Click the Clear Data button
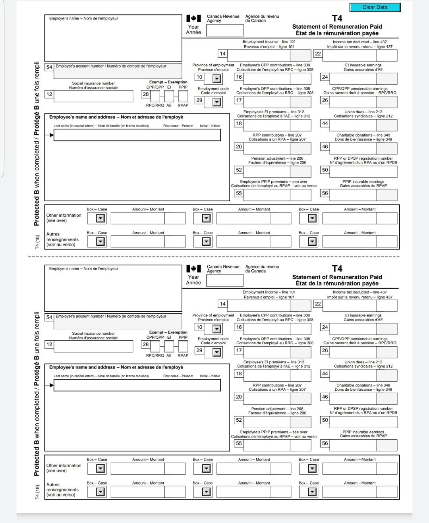pyautogui.click(x=375, y=7)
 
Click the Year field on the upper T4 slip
pyautogui.click(x=224, y=30)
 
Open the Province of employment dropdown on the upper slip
pyautogui.click(x=216, y=79)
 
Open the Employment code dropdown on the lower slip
pyautogui.click(x=216, y=352)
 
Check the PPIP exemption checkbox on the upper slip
pyautogui.click(x=183, y=96)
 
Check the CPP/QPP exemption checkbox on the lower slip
pyautogui.click(x=155, y=346)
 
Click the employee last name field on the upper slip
pyautogui.click(x=137, y=135)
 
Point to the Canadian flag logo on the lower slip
pyautogui.click(x=193, y=269)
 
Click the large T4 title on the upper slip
pyautogui.click(x=337, y=18)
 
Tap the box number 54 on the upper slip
pyautogui.click(x=49, y=67)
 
